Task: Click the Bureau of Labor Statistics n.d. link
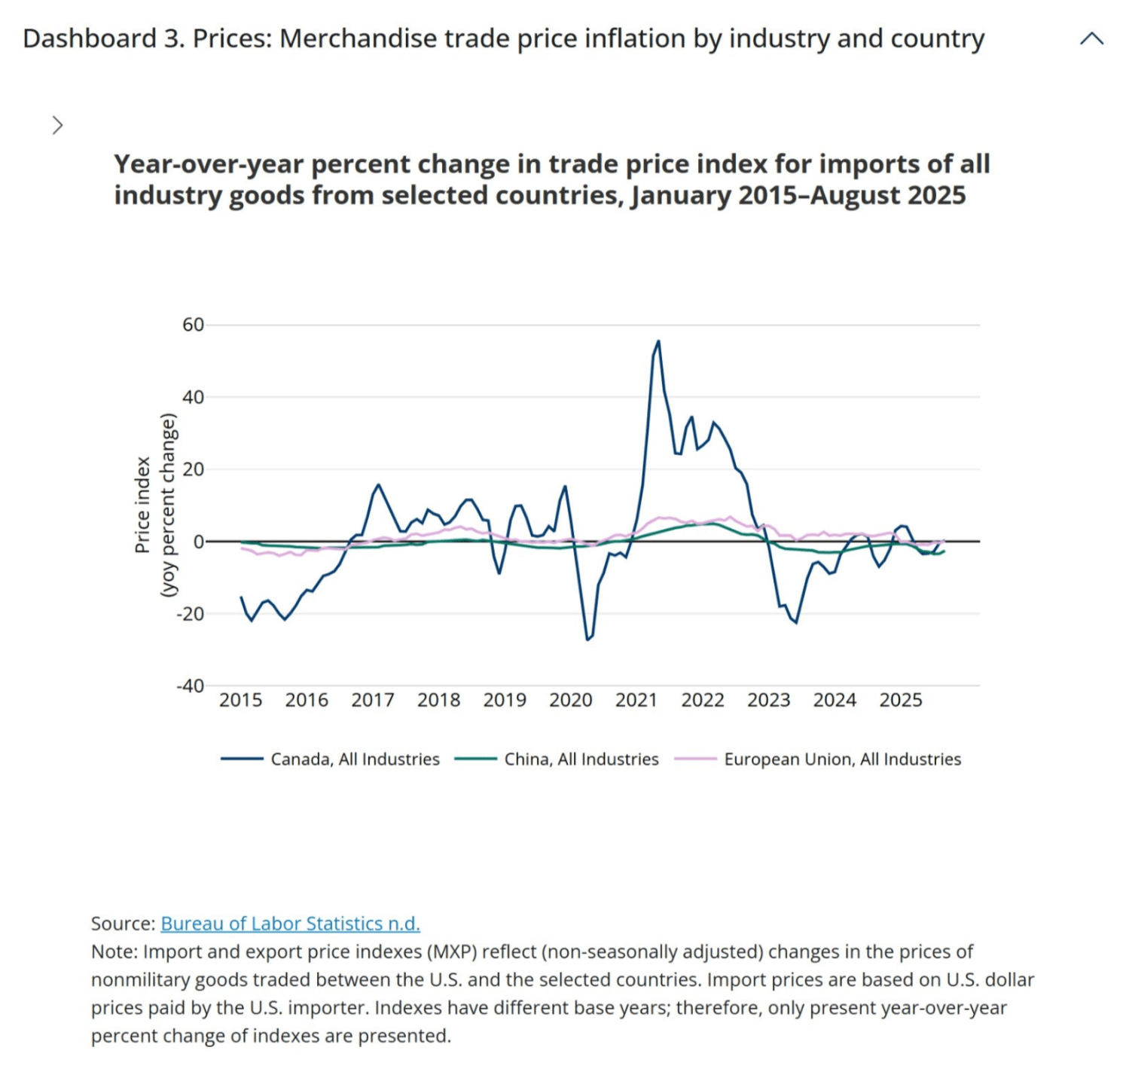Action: point(290,924)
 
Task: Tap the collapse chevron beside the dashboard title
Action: point(1091,39)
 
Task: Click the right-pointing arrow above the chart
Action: point(58,125)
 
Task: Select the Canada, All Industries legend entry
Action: point(355,759)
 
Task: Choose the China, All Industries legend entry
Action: point(581,759)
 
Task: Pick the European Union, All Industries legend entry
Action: point(842,759)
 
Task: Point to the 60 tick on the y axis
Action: point(193,325)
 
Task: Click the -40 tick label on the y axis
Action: point(190,686)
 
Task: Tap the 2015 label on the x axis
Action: point(240,701)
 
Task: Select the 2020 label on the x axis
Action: point(570,701)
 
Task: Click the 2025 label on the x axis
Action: point(900,701)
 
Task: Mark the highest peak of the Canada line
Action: point(658,341)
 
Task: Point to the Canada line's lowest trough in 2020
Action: point(587,640)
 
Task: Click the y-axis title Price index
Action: point(142,505)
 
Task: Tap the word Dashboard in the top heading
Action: point(90,38)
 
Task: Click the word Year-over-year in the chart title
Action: point(209,164)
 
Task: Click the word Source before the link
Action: point(122,924)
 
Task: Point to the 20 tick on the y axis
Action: point(193,469)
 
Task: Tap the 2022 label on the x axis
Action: point(702,701)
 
